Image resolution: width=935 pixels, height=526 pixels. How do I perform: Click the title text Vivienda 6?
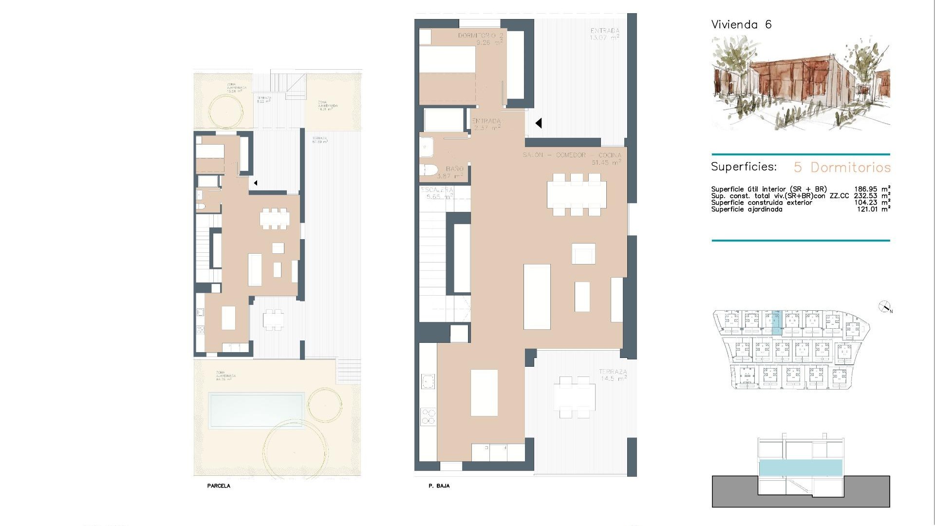(741, 24)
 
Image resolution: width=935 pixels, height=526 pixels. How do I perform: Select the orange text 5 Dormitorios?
(842, 167)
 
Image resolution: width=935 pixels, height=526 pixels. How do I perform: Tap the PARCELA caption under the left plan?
(219, 486)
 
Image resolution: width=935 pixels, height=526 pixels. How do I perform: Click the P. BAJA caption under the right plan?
(439, 486)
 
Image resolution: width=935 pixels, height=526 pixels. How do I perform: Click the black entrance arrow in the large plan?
(538, 123)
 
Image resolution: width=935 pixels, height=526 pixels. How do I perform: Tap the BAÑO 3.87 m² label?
(450, 172)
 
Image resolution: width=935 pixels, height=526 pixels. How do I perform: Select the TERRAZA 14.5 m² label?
(613, 375)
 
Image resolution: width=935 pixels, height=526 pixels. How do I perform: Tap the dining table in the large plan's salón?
(577, 194)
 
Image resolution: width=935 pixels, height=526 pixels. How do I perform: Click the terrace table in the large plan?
(574, 396)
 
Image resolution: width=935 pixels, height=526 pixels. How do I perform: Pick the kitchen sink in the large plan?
(428, 381)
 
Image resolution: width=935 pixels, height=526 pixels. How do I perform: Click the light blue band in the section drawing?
(801, 468)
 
